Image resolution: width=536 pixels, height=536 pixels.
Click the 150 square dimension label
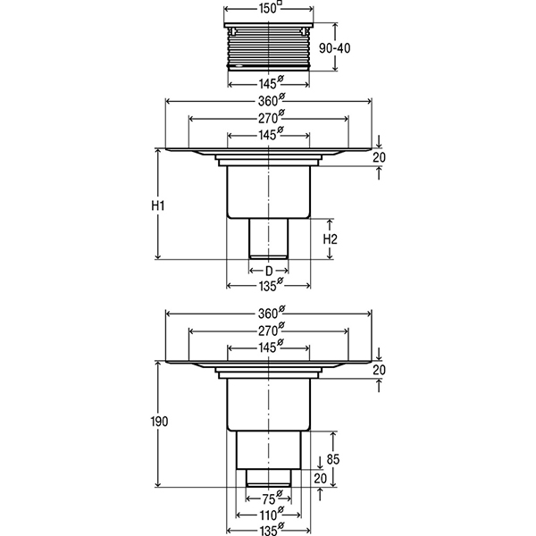270,8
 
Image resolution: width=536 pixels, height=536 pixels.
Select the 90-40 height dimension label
335,48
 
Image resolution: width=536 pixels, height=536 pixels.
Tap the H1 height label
158,205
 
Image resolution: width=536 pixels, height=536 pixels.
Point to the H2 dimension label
331,239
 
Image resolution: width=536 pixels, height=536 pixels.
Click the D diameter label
269,271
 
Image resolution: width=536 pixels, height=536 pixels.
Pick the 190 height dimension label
160,422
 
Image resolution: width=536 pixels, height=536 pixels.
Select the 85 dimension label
333,459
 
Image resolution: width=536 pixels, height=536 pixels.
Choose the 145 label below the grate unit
271,82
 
